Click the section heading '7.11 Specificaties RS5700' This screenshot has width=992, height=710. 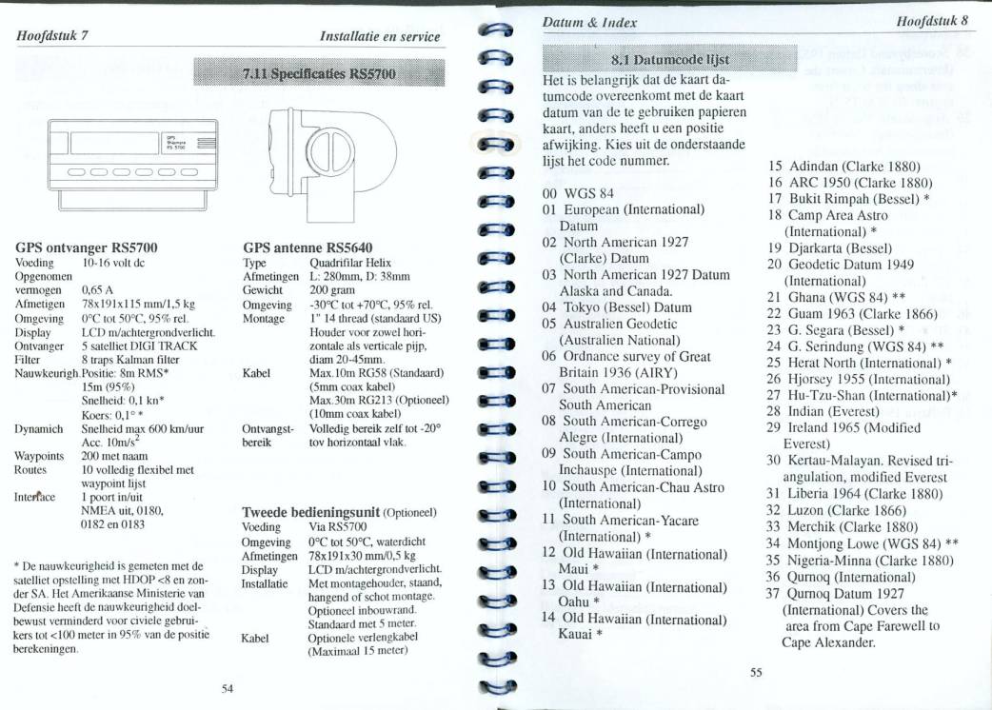tap(318, 73)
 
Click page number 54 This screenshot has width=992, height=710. tap(228, 687)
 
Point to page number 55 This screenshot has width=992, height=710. tap(756, 672)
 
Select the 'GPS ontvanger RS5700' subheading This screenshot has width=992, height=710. tap(87, 247)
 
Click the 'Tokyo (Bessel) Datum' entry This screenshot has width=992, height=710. tap(617, 306)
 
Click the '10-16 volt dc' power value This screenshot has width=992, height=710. tap(113, 262)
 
